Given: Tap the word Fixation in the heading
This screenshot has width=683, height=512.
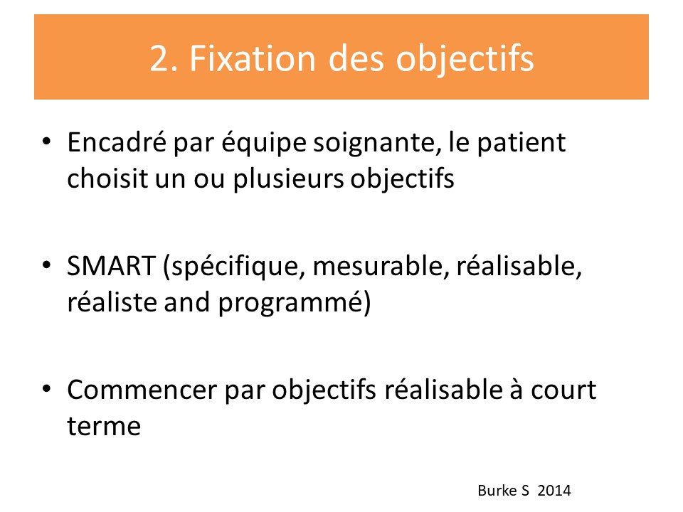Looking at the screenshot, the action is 252,58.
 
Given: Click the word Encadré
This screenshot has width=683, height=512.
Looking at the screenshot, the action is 116,142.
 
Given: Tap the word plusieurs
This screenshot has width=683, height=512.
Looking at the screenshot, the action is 288,179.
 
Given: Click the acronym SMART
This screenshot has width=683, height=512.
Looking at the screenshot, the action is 111,266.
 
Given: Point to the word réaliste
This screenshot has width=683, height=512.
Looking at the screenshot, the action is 112,302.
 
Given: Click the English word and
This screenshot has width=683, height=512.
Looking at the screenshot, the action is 186,302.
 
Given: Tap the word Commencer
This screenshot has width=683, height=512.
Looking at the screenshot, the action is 142,390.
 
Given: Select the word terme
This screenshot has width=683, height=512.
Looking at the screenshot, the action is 104,426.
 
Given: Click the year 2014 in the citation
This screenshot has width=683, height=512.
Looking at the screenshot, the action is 554,491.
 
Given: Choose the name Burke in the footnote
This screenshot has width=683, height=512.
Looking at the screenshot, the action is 497,491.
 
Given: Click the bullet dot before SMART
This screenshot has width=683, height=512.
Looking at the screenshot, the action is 47,265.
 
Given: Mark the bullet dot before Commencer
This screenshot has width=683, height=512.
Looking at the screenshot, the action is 47,388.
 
